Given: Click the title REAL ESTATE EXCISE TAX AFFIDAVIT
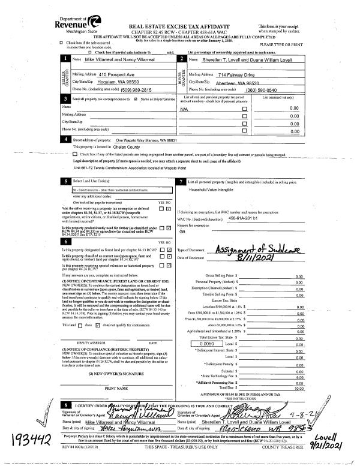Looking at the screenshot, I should [x=179, y=27].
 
